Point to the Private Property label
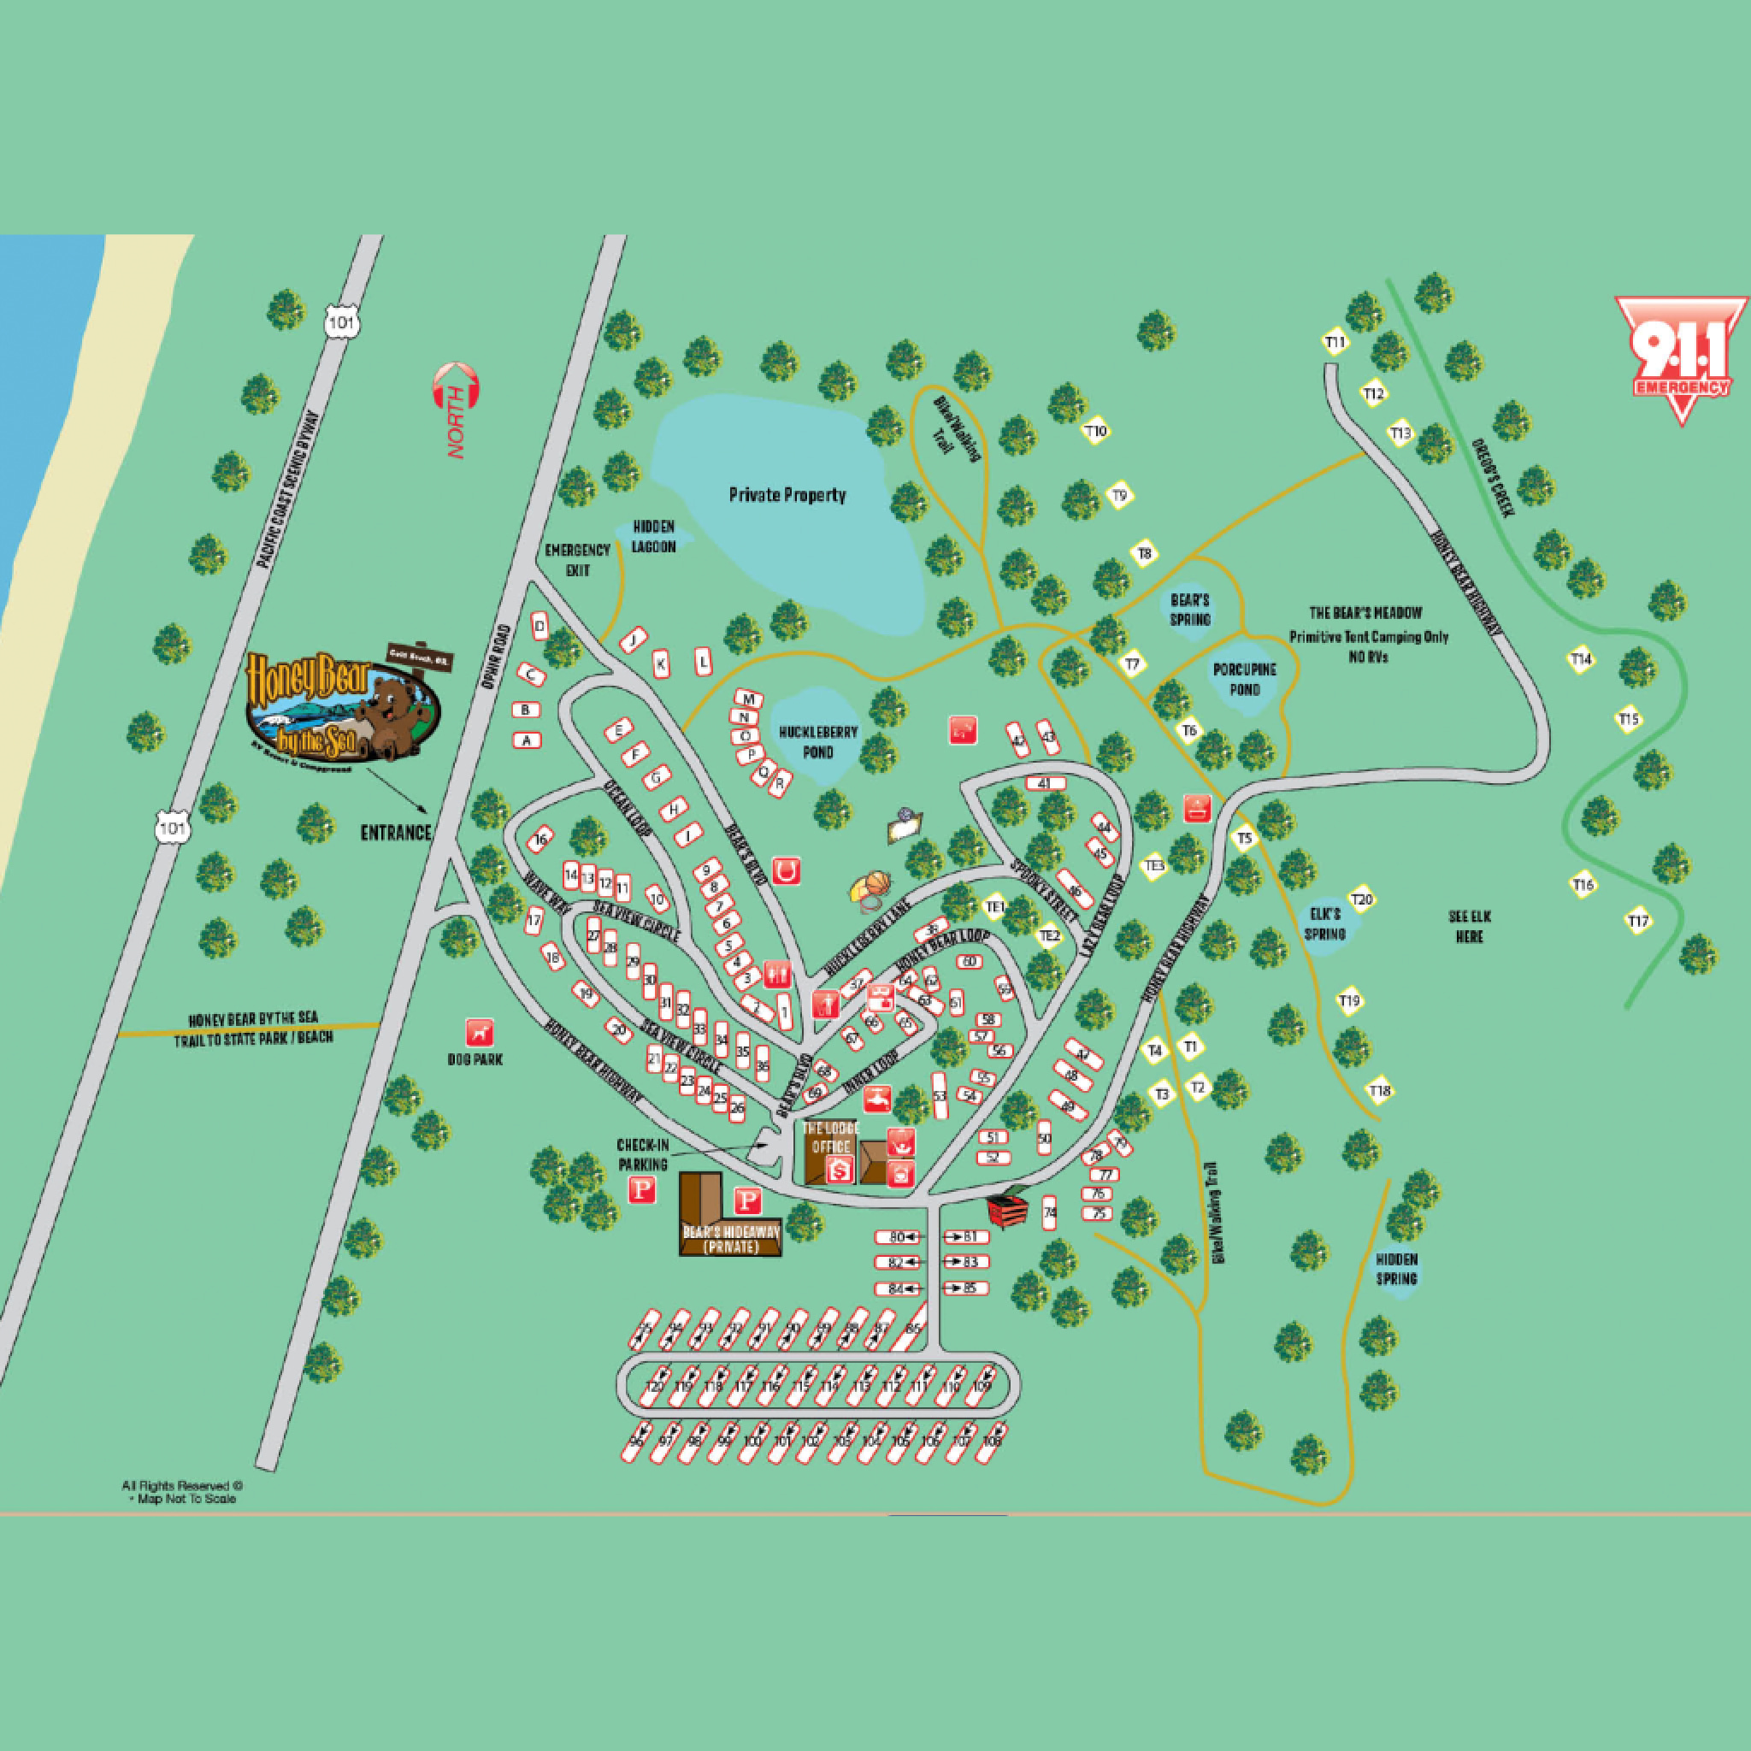pos(787,495)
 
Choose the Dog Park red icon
pos(480,1032)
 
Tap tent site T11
pos(1336,342)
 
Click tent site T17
pos(1637,922)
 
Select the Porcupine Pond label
pos(1244,679)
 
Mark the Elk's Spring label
pos(1324,923)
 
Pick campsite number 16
pos(541,840)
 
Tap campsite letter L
pos(704,661)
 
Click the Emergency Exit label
pos(577,560)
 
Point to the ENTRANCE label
pos(396,832)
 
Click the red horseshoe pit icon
pos(786,871)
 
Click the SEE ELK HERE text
pos(1469,925)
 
